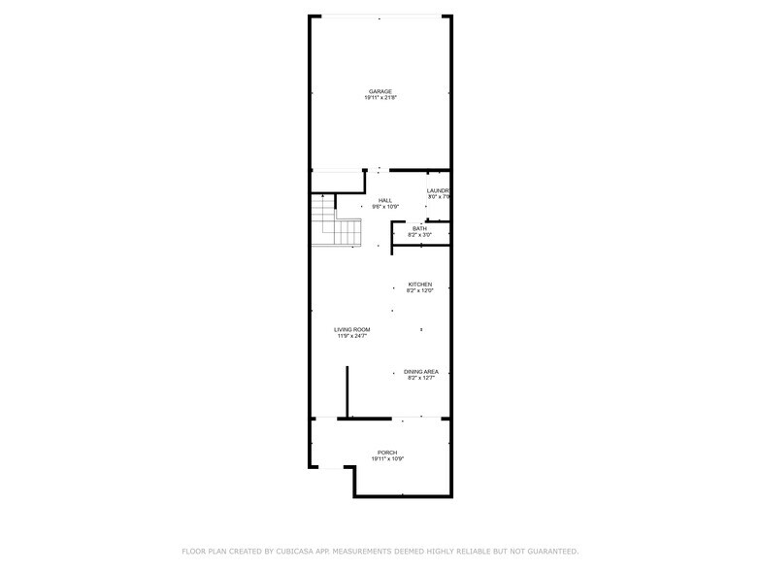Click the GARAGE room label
(x=380, y=91)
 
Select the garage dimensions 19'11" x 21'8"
(x=380, y=98)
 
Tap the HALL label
(x=385, y=200)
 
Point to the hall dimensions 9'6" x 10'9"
(x=385, y=207)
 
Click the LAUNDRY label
(x=439, y=190)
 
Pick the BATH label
(x=419, y=228)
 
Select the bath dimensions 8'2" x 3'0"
(x=419, y=235)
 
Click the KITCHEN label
(x=419, y=284)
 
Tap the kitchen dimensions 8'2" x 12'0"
(x=419, y=290)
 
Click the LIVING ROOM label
(x=352, y=329)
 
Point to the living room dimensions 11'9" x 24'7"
(x=352, y=336)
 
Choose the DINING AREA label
(x=420, y=371)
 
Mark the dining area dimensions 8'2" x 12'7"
(x=420, y=378)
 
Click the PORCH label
(x=387, y=453)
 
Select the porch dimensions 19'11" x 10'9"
(x=387, y=459)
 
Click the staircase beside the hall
(x=336, y=221)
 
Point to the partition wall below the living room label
(x=347, y=392)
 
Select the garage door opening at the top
(x=380, y=17)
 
